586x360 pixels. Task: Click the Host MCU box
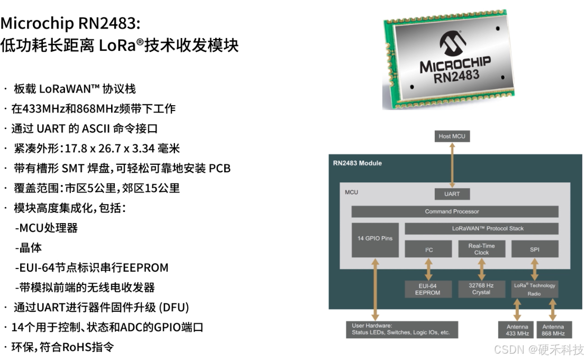(x=452, y=136)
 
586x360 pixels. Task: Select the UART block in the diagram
(x=452, y=194)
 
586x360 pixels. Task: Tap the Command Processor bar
(x=455, y=211)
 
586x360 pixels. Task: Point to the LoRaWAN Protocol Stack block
(x=481, y=228)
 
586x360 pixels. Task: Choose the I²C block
(x=428, y=249)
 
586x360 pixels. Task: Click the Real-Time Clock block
(x=481, y=249)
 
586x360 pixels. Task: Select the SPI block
(x=535, y=249)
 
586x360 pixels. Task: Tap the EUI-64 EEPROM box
(x=428, y=289)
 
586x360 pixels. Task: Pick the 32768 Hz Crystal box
(x=481, y=289)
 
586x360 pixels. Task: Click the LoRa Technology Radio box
(x=535, y=289)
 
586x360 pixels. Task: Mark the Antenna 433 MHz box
(x=516, y=330)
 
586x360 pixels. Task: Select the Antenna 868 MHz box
(x=553, y=330)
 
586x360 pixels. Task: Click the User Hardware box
(x=401, y=329)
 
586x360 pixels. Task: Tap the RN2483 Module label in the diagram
(x=358, y=163)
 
